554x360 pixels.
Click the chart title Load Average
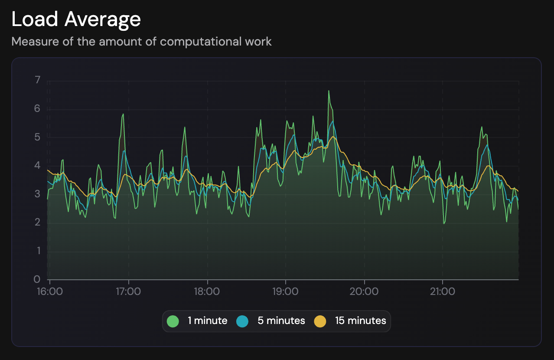pos(76,20)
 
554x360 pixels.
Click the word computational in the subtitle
pos(197,42)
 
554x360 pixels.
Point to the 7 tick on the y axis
pos(37,80)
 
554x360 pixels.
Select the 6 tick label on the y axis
pos(37,108)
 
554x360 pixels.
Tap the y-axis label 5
pos(37,137)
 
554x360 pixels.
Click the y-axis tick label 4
pos(37,166)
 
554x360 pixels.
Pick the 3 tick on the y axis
pos(37,194)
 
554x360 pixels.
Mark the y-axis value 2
pos(37,223)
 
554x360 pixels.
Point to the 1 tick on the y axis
pos(37,251)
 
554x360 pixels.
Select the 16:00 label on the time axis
pos(50,291)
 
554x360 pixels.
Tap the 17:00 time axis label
pos(128,291)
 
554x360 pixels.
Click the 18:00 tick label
pos(207,291)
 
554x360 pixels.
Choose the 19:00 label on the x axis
pos(285,291)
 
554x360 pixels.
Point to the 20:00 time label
pos(364,291)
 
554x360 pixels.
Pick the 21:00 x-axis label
pos(442,291)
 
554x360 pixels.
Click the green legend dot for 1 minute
pos(173,321)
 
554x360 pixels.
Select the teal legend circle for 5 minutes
pos(243,321)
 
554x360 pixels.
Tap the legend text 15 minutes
pos(360,321)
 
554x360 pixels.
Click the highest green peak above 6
pos(329,91)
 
